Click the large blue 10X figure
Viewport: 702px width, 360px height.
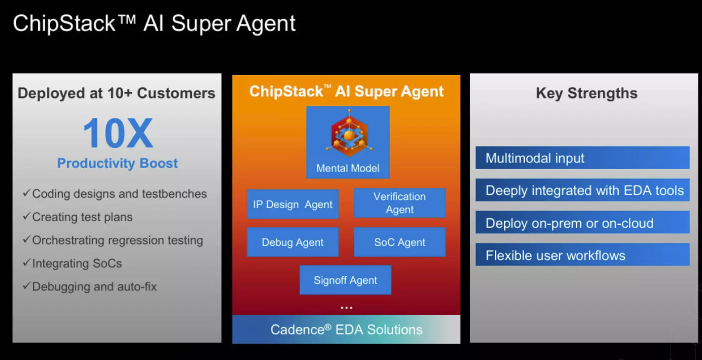118,134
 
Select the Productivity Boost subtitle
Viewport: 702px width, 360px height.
118,164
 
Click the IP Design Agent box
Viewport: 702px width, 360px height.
293,204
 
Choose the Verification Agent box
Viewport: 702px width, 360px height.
399,203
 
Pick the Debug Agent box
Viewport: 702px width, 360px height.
293,242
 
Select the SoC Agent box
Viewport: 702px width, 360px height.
399,242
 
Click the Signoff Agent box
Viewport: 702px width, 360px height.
345,280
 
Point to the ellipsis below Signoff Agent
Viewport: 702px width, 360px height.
346,308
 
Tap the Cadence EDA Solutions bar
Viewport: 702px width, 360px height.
346,330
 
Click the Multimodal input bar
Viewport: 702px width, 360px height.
582,158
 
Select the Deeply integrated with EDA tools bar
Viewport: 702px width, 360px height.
582,190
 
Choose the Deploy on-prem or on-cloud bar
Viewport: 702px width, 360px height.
582,223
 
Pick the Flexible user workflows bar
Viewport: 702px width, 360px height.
582,255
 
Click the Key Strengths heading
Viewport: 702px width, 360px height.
586,93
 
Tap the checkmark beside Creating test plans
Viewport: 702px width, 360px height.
27,217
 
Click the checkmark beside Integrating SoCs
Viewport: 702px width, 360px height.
27,263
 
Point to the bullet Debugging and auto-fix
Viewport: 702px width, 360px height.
94,287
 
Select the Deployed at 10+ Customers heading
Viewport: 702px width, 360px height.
117,93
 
